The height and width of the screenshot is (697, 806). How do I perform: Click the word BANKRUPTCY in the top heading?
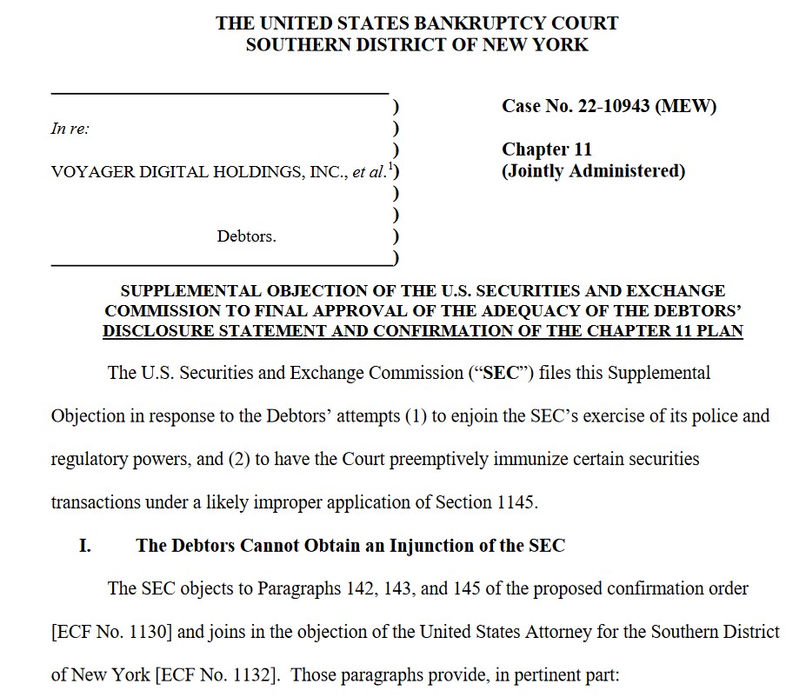coord(418,23)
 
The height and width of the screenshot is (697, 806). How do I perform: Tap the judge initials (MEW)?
coord(686,107)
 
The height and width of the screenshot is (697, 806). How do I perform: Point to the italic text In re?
coord(70,129)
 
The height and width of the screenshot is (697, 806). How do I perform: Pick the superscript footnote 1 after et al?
coord(391,166)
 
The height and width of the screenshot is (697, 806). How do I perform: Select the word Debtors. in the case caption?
coord(247,236)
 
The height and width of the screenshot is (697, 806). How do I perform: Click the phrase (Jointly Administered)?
coord(593,171)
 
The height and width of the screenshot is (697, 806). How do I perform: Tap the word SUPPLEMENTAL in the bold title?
coord(194,291)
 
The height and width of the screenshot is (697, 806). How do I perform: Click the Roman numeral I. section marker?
coord(85,546)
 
